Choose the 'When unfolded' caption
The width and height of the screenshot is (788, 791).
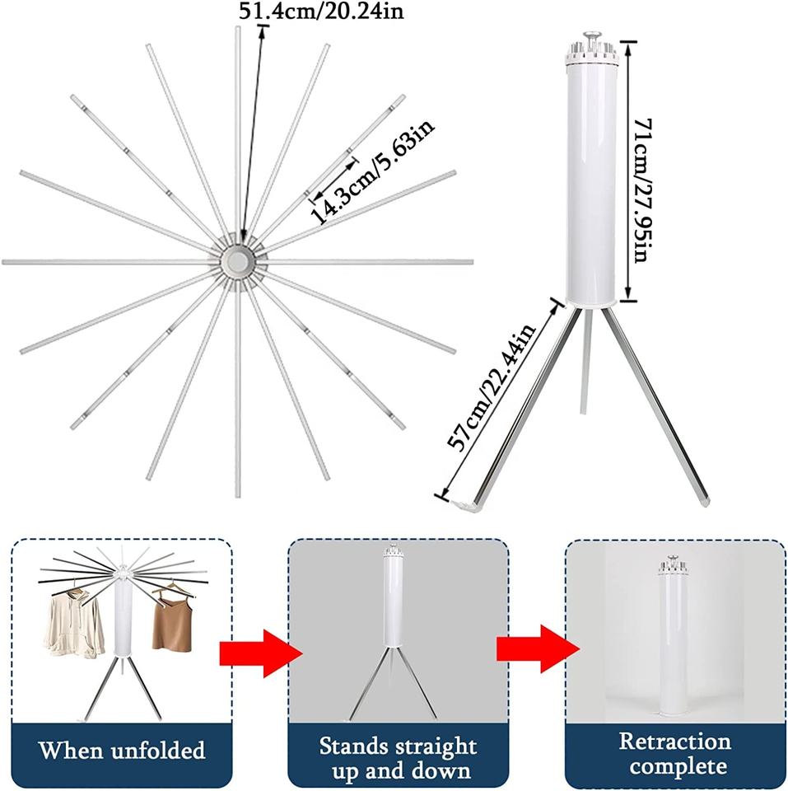tap(122, 751)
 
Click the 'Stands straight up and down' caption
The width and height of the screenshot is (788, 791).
tap(398, 758)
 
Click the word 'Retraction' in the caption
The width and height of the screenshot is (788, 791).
tap(674, 741)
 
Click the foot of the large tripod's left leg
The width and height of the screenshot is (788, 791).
tap(462, 503)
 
